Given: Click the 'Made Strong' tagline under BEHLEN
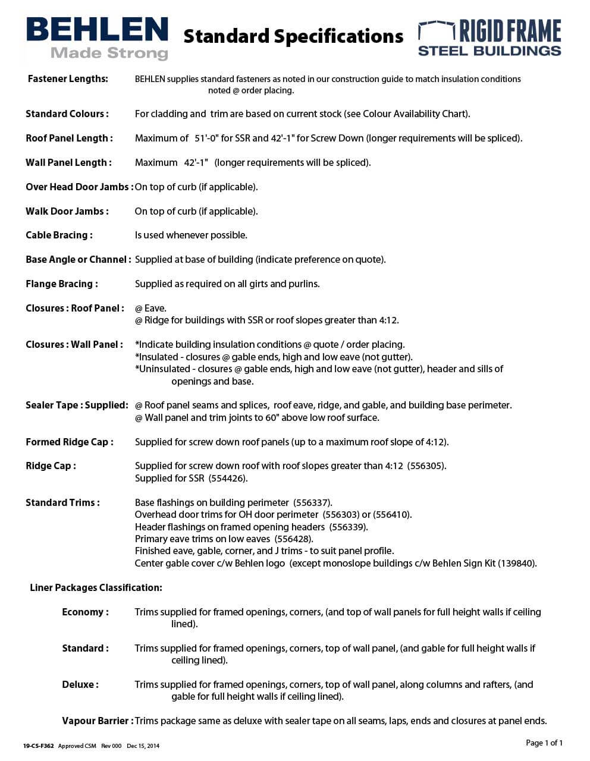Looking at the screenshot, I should coord(109,54).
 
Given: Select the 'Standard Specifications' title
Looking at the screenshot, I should coord(293,37).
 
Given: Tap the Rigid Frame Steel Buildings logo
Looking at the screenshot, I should coord(489,38).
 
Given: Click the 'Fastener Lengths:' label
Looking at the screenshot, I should coord(68,79).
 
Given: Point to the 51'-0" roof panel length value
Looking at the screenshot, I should coord(207,139).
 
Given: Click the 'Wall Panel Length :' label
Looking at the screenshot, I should coord(68,163).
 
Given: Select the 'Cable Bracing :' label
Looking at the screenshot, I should coord(59,235).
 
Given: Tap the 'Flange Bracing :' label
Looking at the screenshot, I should coord(61,284).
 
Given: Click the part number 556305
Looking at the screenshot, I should coord(426,466).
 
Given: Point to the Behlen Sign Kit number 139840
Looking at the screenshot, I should coord(517,564).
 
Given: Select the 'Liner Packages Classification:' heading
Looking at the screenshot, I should coord(96,588).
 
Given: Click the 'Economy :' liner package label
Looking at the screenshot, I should coord(85,612).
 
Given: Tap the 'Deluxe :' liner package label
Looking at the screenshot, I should coord(80,685).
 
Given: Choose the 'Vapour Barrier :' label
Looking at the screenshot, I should coord(98,721).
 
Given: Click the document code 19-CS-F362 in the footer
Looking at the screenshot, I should coord(39,746).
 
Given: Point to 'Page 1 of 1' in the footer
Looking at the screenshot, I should coord(544,743).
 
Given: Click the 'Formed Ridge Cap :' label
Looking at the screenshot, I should coord(69,442).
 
